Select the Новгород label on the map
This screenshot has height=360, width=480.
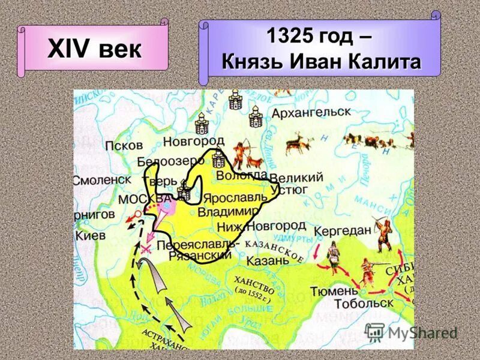pyautogui.click(x=194, y=141)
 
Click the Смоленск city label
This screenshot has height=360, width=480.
pyautogui.click(x=101, y=180)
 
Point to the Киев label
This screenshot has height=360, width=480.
pyautogui.click(x=90, y=236)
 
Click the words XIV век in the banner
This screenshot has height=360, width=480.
pyautogui.click(x=95, y=49)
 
